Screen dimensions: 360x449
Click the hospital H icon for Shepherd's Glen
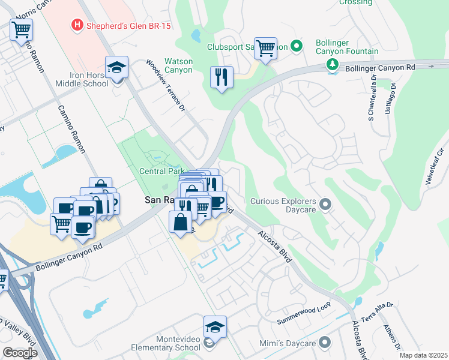pyautogui.click(x=77, y=25)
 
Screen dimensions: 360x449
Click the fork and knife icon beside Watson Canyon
pyautogui.click(x=221, y=77)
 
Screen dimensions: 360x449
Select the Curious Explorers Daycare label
pyautogui.click(x=283, y=205)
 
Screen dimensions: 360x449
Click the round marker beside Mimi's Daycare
pyautogui.click(x=325, y=342)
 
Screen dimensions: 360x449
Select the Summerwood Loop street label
pyautogui.click(x=304, y=314)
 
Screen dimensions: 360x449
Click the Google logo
pyautogui.click(x=20, y=353)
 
